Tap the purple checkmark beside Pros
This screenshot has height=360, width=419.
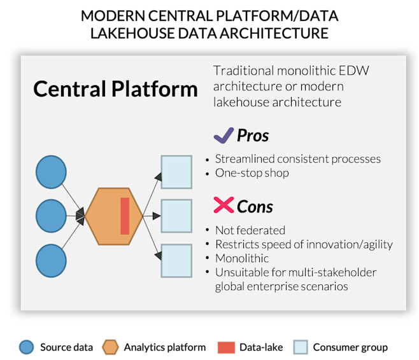click(x=223, y=135)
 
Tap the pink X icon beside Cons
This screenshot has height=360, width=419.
click(x=223, y=205)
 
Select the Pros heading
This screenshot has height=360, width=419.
click(x=253, y=135)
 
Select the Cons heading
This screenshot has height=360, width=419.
click(x=255, y=206)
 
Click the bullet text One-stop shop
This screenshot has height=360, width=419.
click(x=252, y=173)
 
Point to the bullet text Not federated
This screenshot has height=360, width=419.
click(x=250, y=230)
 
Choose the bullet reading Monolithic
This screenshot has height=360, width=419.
click(x=242, y=258)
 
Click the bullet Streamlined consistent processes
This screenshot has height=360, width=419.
click(x=297, y=159)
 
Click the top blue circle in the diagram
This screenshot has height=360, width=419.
click(x=51, y=172)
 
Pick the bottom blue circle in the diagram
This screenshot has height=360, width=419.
click(x=51, y=261)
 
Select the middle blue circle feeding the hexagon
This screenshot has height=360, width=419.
click(x=51, y=216)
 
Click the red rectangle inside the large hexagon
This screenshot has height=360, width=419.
click(x=125, y=216)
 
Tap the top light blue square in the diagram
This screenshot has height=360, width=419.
click(x=176, y=172)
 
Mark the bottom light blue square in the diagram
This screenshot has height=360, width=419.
click(x=176, y=261)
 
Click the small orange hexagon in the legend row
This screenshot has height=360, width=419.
click(x=110, y=347)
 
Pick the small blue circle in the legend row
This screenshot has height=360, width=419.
click(x=26, y=347)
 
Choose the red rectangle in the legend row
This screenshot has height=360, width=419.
click(x=226, y=347)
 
